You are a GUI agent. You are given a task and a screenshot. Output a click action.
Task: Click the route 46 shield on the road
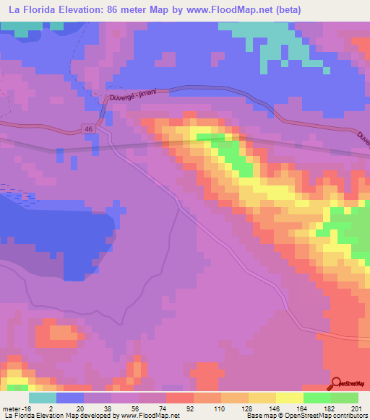click(88, 128)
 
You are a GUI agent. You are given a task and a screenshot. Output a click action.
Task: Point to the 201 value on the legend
click(355, 408)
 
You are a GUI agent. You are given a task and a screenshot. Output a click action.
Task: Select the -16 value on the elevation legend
click(29, 408)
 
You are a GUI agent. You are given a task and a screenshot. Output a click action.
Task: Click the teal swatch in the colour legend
click(43, 398)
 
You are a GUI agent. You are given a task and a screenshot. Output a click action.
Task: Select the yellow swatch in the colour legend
click(290, 398)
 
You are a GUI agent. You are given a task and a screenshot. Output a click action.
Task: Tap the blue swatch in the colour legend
click(70, 398)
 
